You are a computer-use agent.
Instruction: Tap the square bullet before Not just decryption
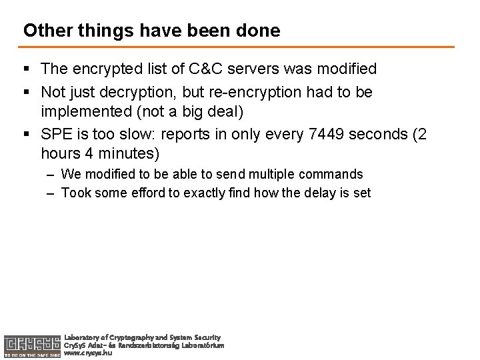tap(27, 91)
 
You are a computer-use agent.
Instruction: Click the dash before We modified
tap(51, 175)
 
